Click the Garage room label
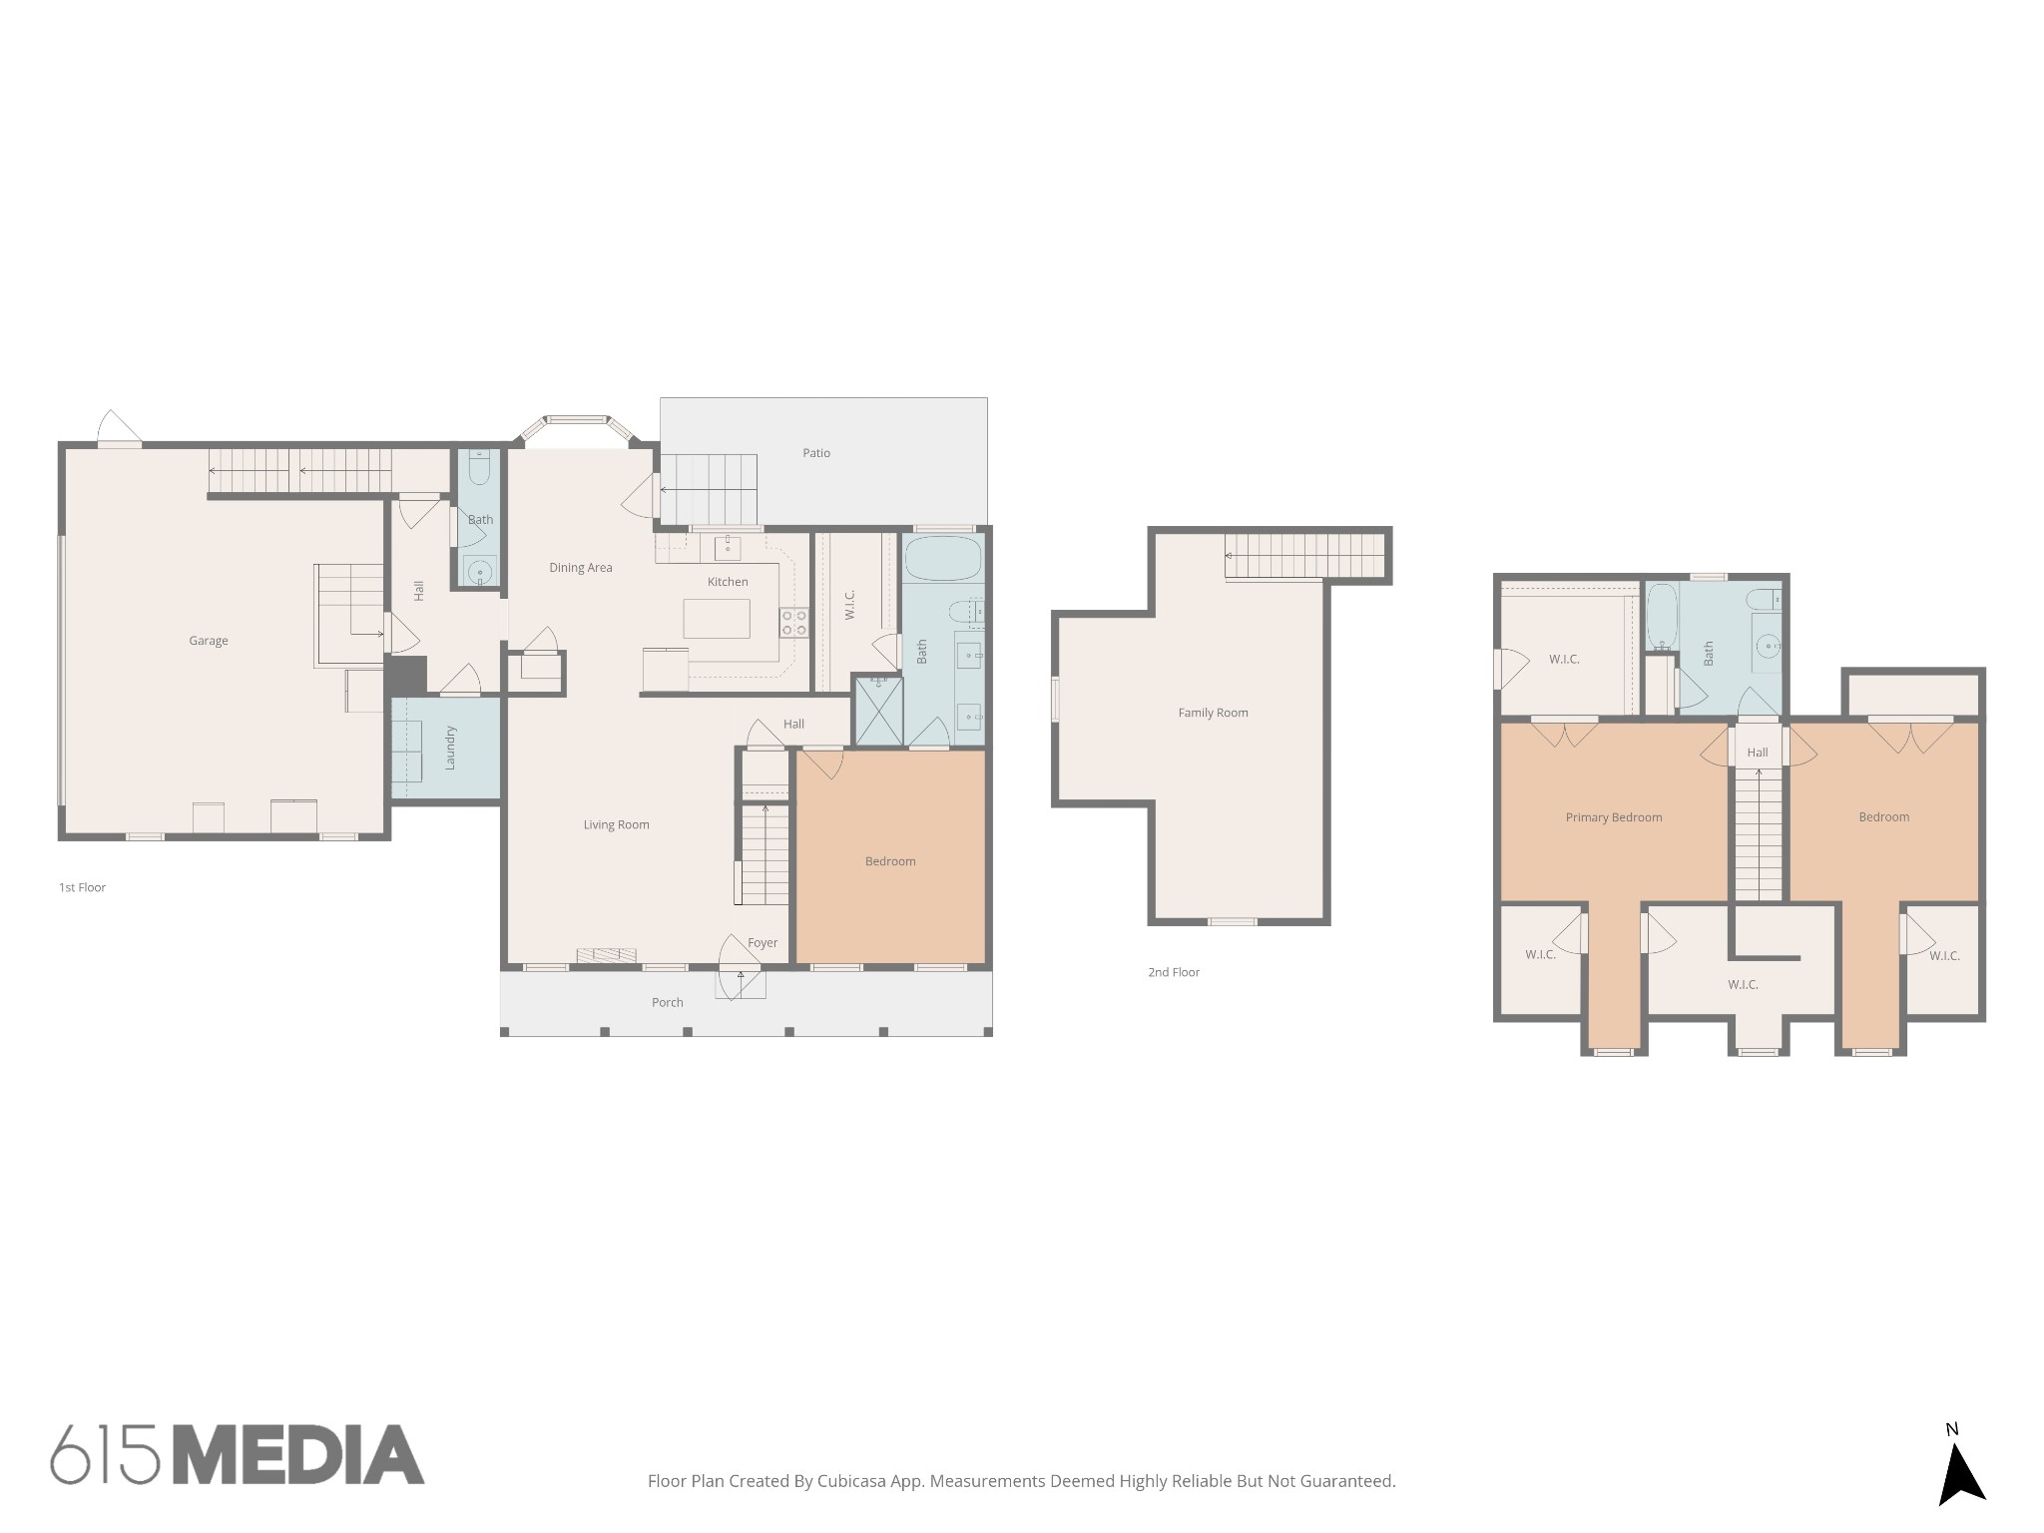coord(209,641)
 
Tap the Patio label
coord(816,453)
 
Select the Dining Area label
coord(581,568)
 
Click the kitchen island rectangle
coord(717,619)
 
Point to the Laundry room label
coord(450,748)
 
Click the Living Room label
coord(617,824)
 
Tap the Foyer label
coord(763,942)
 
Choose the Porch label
coord(668,1003)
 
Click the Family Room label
coord(1214,713)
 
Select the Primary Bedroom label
coord(1614,817)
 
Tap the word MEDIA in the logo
coord(299,1455)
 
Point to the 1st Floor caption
coord(82,887)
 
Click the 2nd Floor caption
coord(1174,972)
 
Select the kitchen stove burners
coord(794,624)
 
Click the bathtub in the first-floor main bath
coord(943,559)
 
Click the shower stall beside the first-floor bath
coord(879,711)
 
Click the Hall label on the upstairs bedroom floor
coord(1758,753)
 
